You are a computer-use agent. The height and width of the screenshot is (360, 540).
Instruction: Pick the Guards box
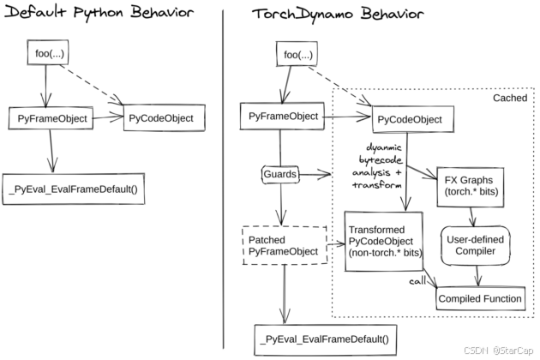[279, 175]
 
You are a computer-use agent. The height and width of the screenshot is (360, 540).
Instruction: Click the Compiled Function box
[480, 298]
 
